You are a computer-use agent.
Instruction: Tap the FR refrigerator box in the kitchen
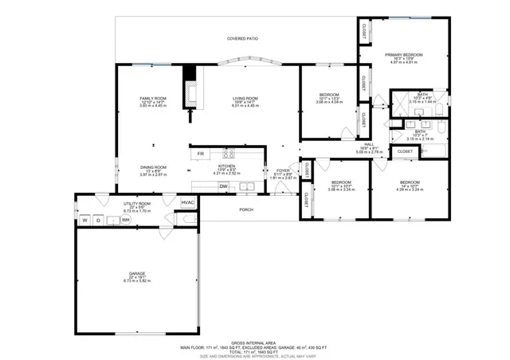tap(201, 154)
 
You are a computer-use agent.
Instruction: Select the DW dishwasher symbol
tap(224, 186)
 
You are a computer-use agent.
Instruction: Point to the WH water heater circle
tap(125, 219)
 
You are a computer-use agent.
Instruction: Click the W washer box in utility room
tap(84, 219)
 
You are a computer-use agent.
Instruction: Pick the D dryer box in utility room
tap(99, 219)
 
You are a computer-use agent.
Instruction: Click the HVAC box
tap(188, 202)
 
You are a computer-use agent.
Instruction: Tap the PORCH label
tap(246, 210)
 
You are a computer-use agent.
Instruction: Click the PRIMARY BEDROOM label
tap(404, 55)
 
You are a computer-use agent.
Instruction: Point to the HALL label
tap(369, 144)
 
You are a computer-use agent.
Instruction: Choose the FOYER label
tap(283, 170)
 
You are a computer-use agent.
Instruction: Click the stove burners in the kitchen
tap(229, 154)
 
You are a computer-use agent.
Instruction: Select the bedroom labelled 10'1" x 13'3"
tap(329, 95)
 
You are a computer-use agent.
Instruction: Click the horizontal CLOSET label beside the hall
tap(405, 151)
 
